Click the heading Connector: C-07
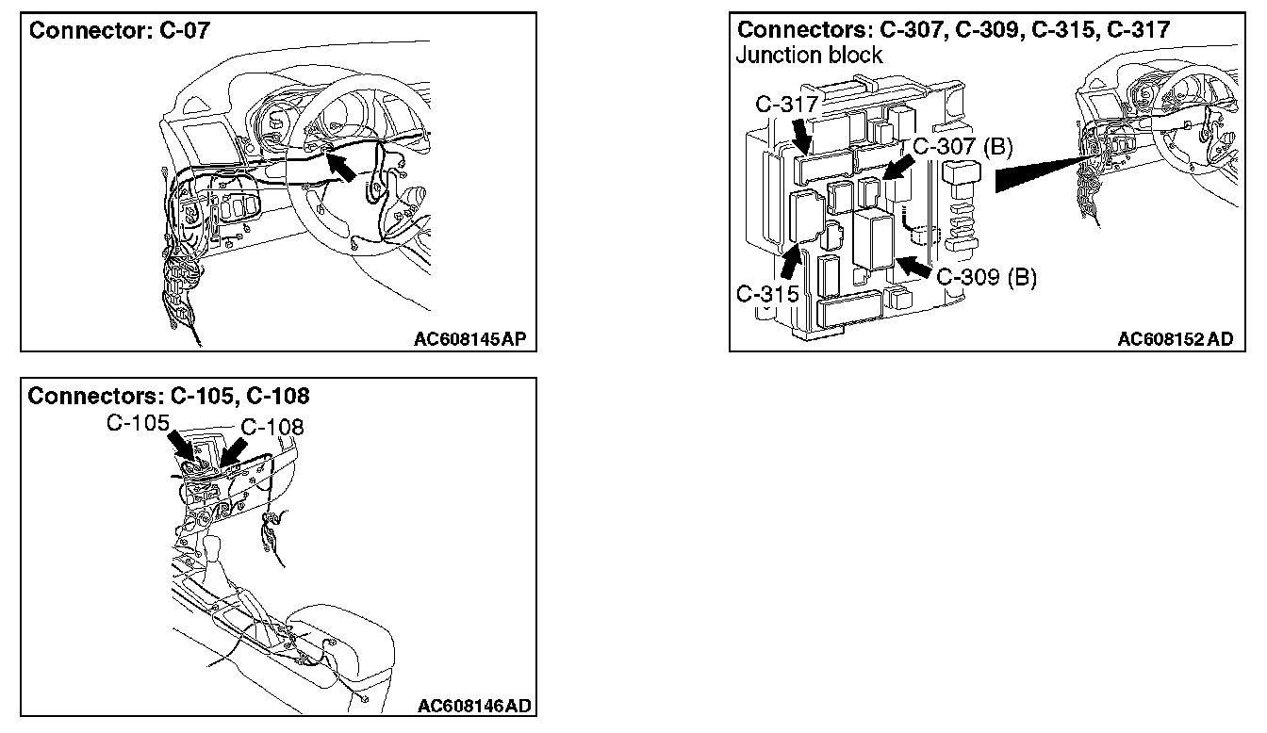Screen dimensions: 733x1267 click(120, 30)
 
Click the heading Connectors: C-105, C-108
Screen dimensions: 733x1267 click(169, 396)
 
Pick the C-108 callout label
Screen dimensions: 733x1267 click(272, 427)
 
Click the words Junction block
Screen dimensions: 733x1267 click(809, 55)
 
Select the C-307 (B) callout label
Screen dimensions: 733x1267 click(963, 146)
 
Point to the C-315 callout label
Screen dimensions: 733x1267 click(767, 293)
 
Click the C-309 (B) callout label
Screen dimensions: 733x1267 click(986, 278)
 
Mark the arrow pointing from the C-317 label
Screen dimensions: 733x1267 click(801, 138)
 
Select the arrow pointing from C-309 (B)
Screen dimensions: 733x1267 click(912, 267)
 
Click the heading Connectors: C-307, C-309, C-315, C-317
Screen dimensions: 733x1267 click(953, 30)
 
